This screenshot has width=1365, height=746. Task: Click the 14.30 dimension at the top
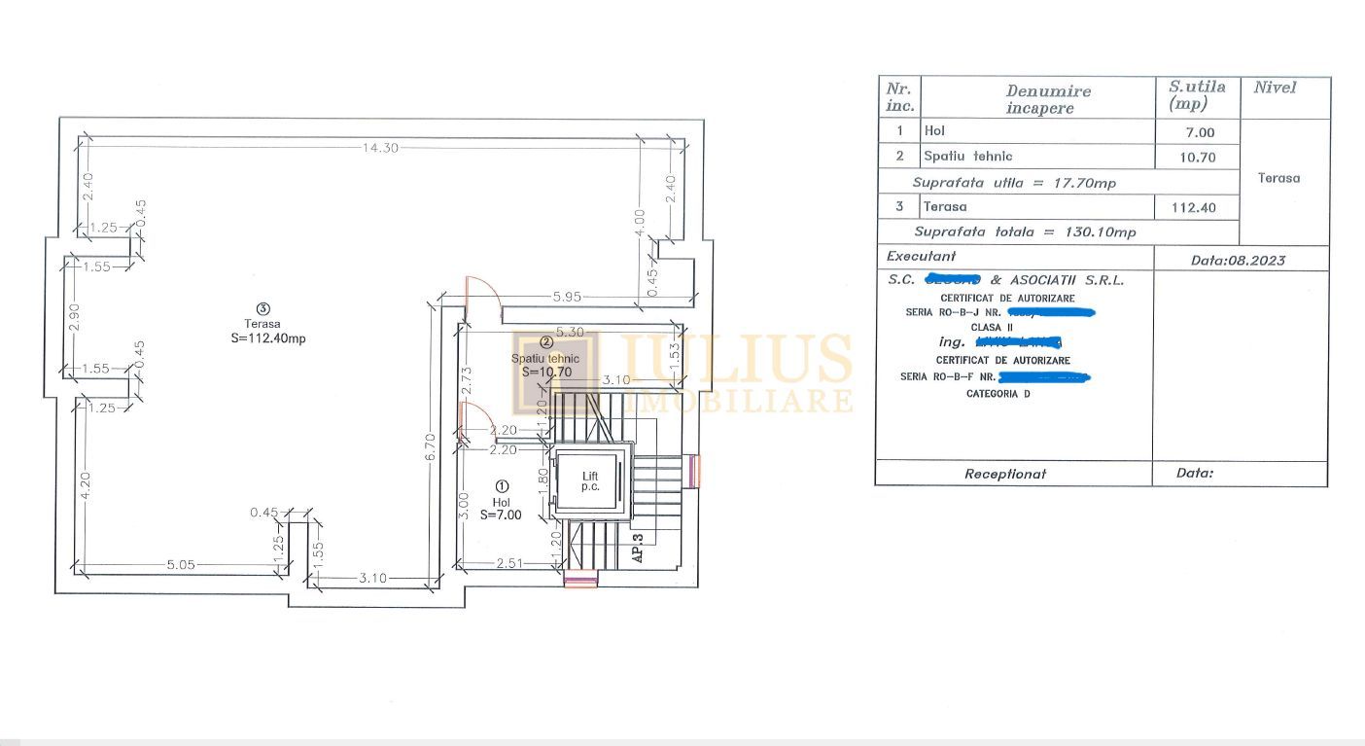(377, 148)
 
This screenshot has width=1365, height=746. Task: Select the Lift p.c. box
(590, 480)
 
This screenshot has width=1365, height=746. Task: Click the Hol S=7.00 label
(502, 507)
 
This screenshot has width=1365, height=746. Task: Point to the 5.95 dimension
(567, 297)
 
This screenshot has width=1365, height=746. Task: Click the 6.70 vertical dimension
(431, 446)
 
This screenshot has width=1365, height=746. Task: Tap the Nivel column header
(1275, 88)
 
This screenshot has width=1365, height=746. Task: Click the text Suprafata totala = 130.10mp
(1024, 232)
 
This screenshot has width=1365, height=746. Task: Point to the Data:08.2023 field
(1237, 260)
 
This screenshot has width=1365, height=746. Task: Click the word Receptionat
(1004, 474)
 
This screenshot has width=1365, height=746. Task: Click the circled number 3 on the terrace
(262, 308)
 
